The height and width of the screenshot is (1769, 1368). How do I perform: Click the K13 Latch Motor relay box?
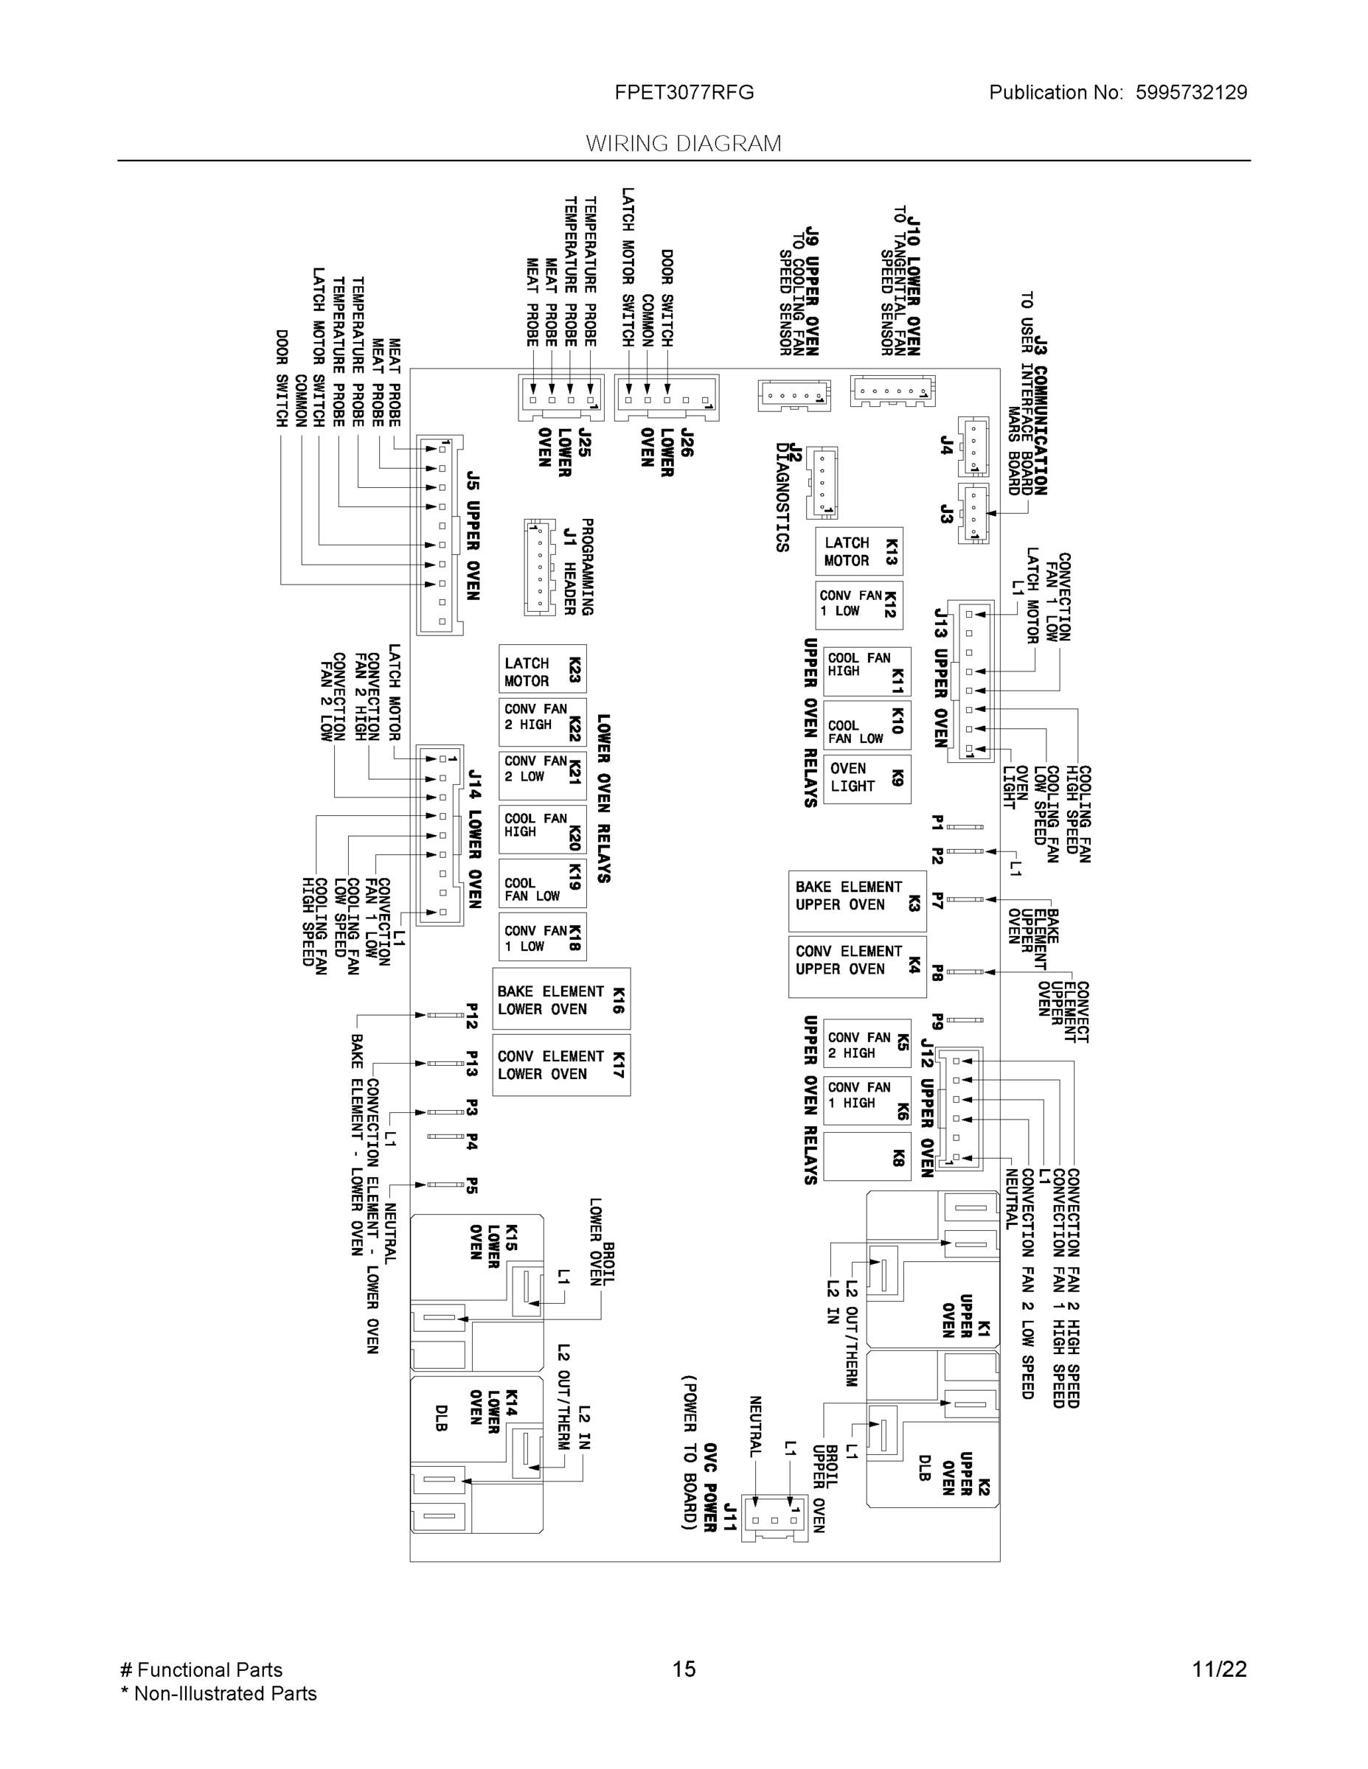pyautogui.click(x=858, y=551)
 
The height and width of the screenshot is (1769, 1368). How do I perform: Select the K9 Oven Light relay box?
pyautogui.click(x=867, y=778)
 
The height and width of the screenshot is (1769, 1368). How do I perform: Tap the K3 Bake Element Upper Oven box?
pyautogui.click(x=857, y=901)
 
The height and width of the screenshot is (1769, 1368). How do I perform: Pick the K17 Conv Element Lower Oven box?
pyautogui.click(x=560, y=1065)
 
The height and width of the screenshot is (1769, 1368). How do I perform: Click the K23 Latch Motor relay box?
pyautogui.click(x=541, y=670)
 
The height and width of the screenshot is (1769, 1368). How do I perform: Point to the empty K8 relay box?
pyautogui.click(x=867, y=1156)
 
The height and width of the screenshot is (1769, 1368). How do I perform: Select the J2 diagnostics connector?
pyautogui.click(x=822, y=482)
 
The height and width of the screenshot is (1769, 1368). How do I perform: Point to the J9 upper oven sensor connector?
pyautogui.click(x=794, y=395)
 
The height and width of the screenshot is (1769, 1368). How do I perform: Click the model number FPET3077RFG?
pyautogui.click(x=684, y=92)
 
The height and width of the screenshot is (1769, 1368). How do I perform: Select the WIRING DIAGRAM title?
pyautogui.click(x=683, y=144)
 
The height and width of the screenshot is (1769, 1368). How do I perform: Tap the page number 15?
pyautogui.click(x=683, y=1669)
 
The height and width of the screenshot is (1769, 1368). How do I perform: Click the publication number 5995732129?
pyautogui.click(x=1190, y=92)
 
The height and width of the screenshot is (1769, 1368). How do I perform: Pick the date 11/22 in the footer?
pyautogui.click(x=1219, y=1669)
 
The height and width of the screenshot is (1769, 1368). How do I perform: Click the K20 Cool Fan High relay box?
pyautogui.click(x=541, y=829)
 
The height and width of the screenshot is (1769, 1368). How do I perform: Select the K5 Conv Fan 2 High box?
pyautogui.click(x=867, y=1045)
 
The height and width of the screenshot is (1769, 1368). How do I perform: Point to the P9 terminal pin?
pyautogui.click(x=965, y=1020)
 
